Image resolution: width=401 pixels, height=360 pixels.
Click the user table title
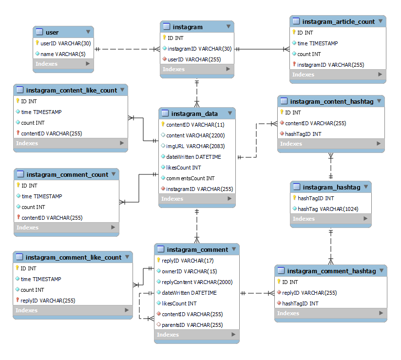coord(52,33)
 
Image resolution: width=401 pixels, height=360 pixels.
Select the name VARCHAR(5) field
coord(63,54)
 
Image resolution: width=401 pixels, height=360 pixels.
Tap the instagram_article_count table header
coord(338,21)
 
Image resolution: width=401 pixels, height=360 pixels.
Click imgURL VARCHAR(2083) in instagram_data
coord(195,146)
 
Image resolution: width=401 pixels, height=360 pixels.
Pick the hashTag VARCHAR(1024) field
coord(328,209)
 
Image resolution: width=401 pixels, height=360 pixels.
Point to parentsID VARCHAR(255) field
coord(192,325)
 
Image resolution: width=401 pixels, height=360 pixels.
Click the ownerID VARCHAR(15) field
coord(189,271)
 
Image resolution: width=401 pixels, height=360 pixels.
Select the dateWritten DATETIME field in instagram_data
coord(193,157)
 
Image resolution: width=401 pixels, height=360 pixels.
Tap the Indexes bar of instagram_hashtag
coord(331,219)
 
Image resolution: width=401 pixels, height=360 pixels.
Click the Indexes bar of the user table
coord(63,64)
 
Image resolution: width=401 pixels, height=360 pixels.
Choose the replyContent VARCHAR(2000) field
coord(197,282)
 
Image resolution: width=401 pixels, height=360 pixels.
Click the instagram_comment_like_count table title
coord(74,257)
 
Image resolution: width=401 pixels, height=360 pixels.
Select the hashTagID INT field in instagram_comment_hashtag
coord(300,303)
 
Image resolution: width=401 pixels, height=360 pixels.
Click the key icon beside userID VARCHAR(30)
coord(38,43)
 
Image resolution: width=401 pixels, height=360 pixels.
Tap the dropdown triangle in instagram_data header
coord(230,113)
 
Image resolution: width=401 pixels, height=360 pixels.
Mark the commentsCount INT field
coord(191,178)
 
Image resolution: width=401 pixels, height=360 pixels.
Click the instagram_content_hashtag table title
coord(332,101)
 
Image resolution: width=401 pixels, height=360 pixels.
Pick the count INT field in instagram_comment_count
coord(33,207)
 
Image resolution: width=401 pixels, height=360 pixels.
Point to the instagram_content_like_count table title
coord(71,90)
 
